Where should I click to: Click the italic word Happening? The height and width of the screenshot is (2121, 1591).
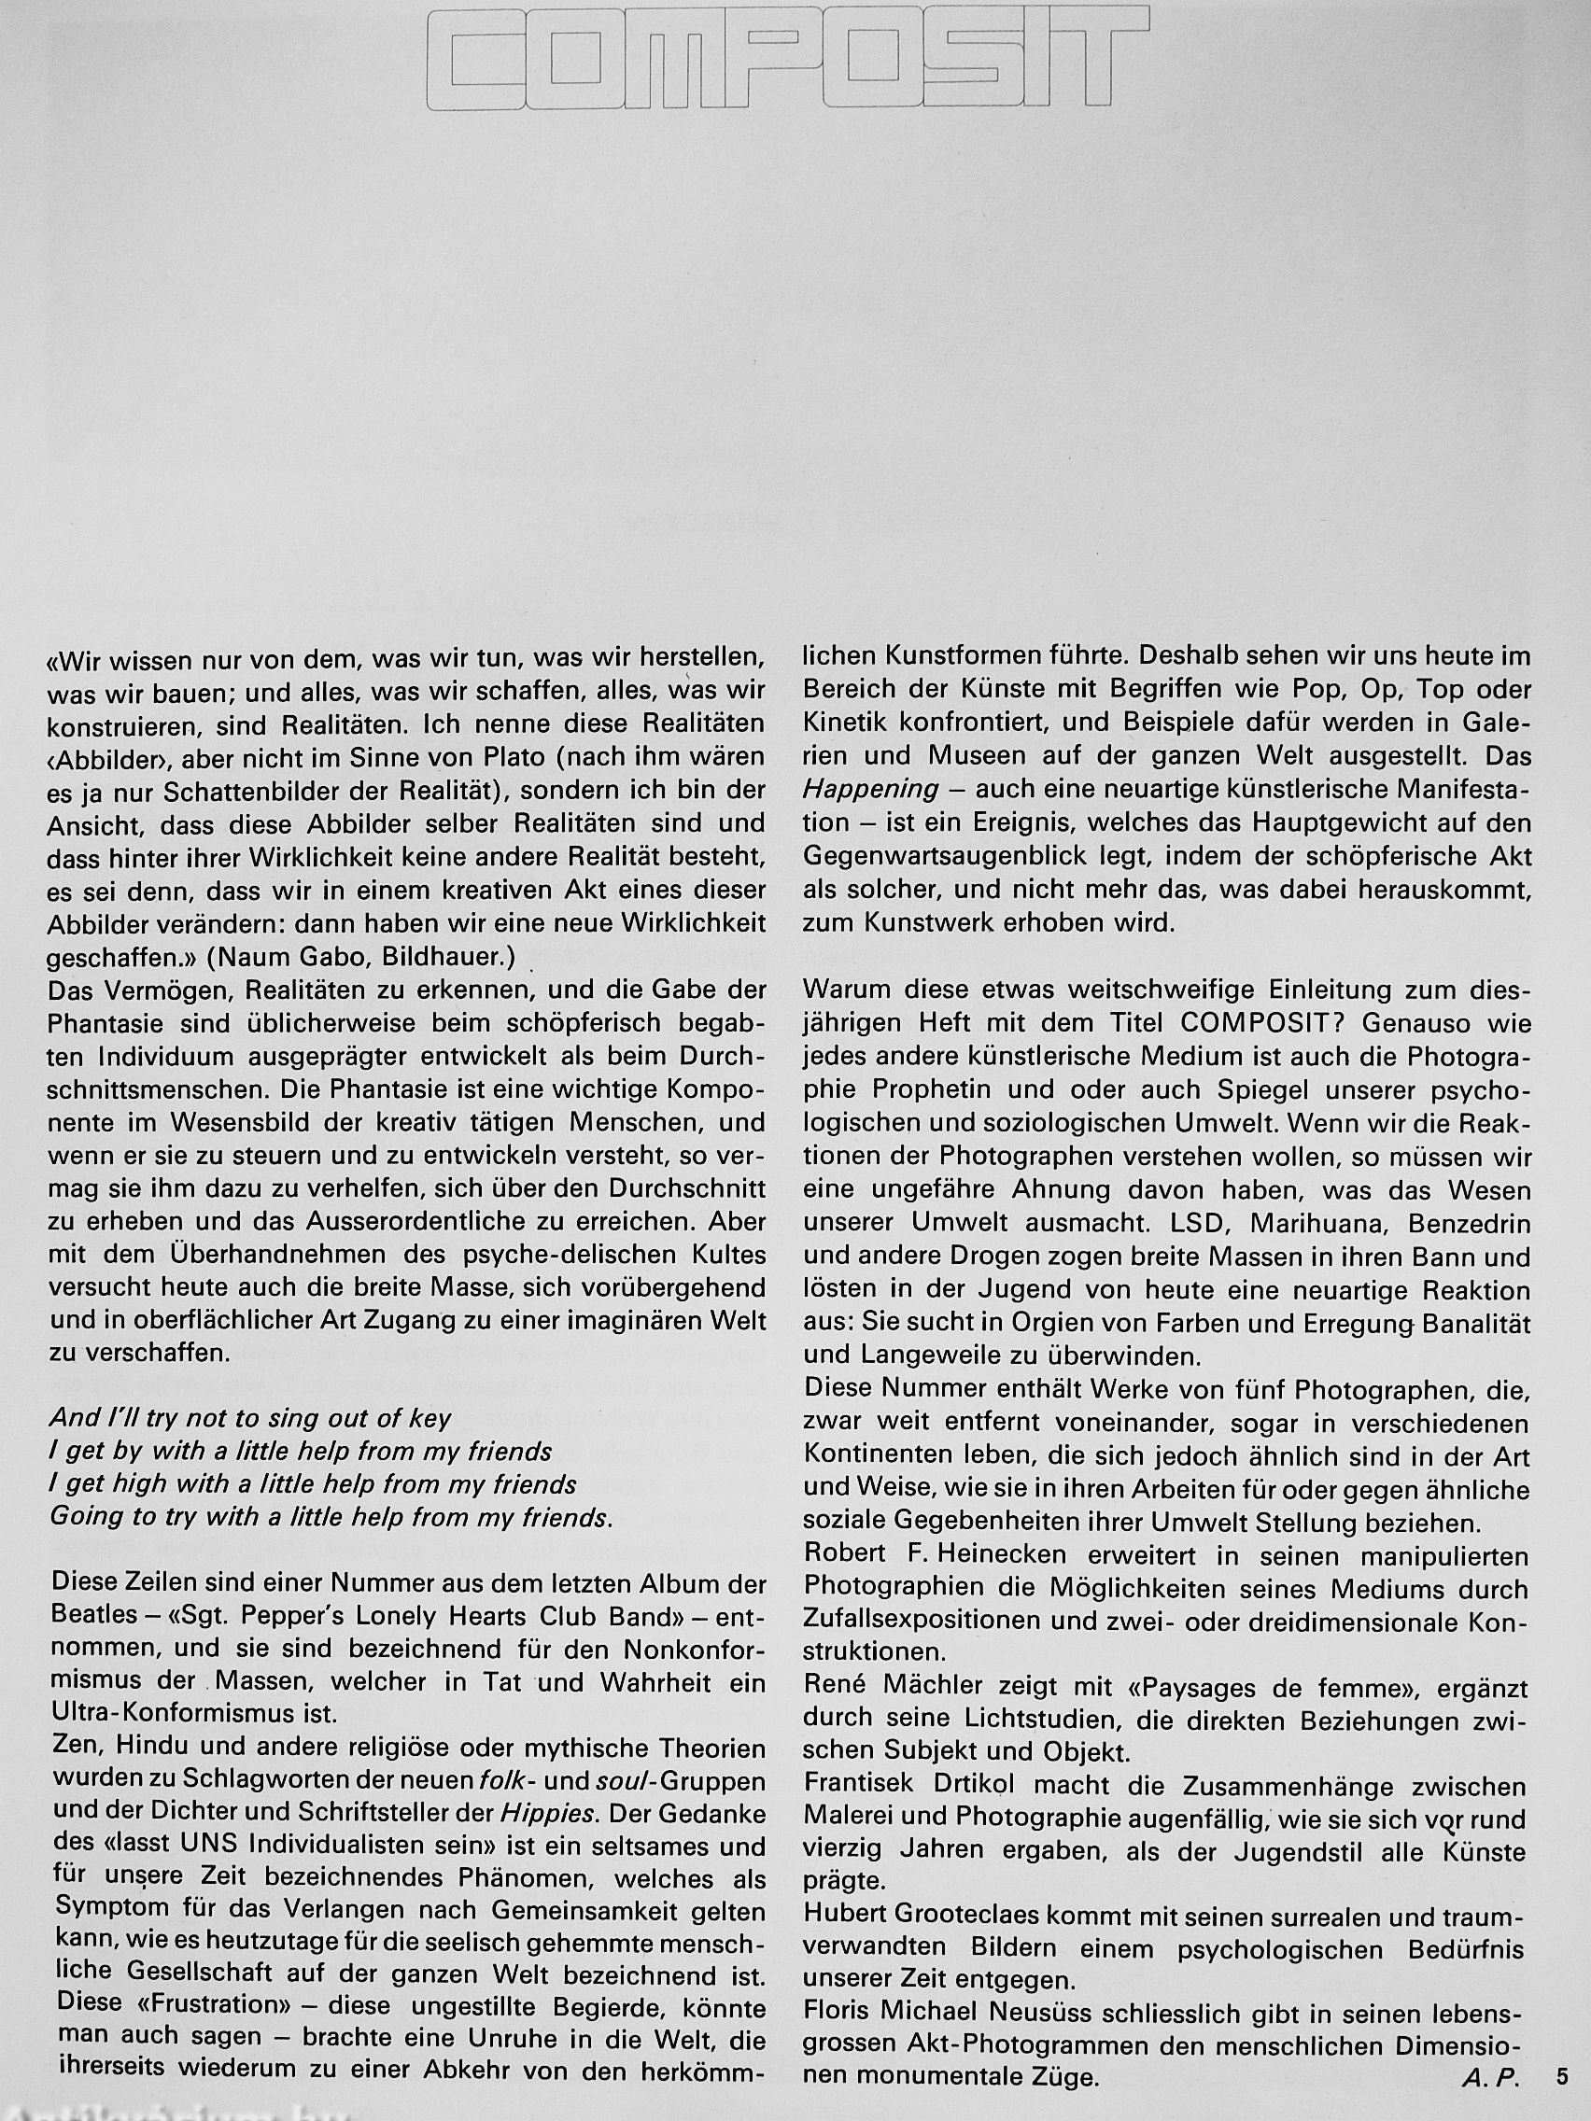pyautogui.click(x=870, y=789)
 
